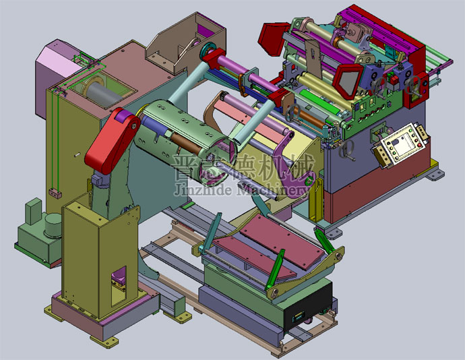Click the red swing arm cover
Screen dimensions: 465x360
click(113, 140)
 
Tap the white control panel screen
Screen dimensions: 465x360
click(403, 144)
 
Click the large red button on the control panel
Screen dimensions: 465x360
click(419, 145)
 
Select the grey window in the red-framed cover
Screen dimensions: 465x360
click(348, 82)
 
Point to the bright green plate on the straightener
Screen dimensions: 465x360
click(319, 102)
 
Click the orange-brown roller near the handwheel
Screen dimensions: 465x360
click(309, 118)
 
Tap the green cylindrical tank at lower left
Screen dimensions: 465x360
click(53, 226)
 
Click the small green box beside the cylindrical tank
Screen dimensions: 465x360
click(33, 211)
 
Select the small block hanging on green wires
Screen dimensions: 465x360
click(55, 193)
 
